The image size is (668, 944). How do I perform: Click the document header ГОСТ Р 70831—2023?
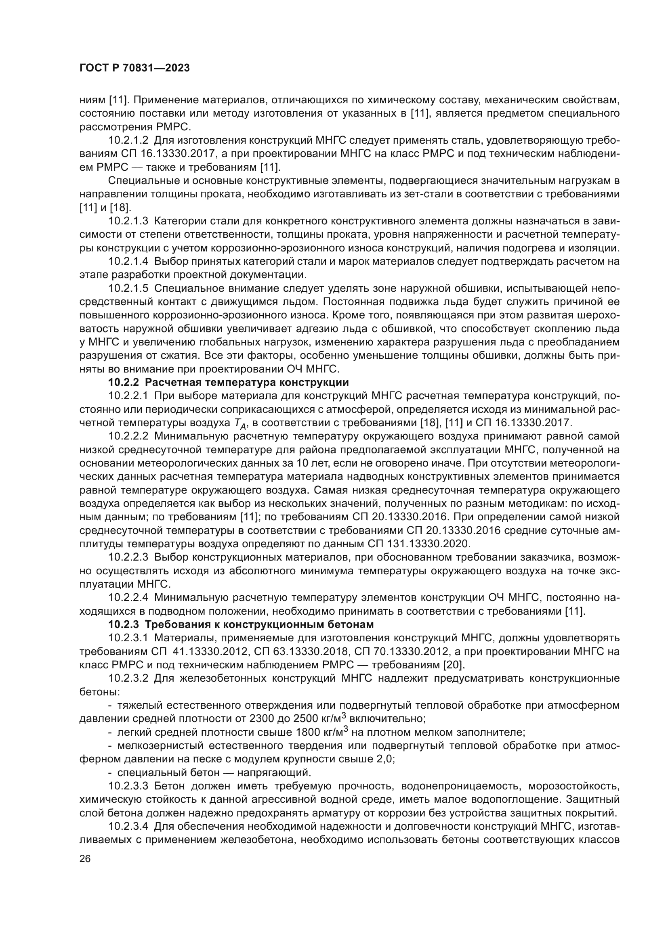click(134, 68)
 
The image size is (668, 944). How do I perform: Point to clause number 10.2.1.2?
click(128, 140)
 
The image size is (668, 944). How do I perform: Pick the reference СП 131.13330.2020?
click(417, 544)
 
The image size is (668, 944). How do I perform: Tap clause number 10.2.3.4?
click(128, 827)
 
